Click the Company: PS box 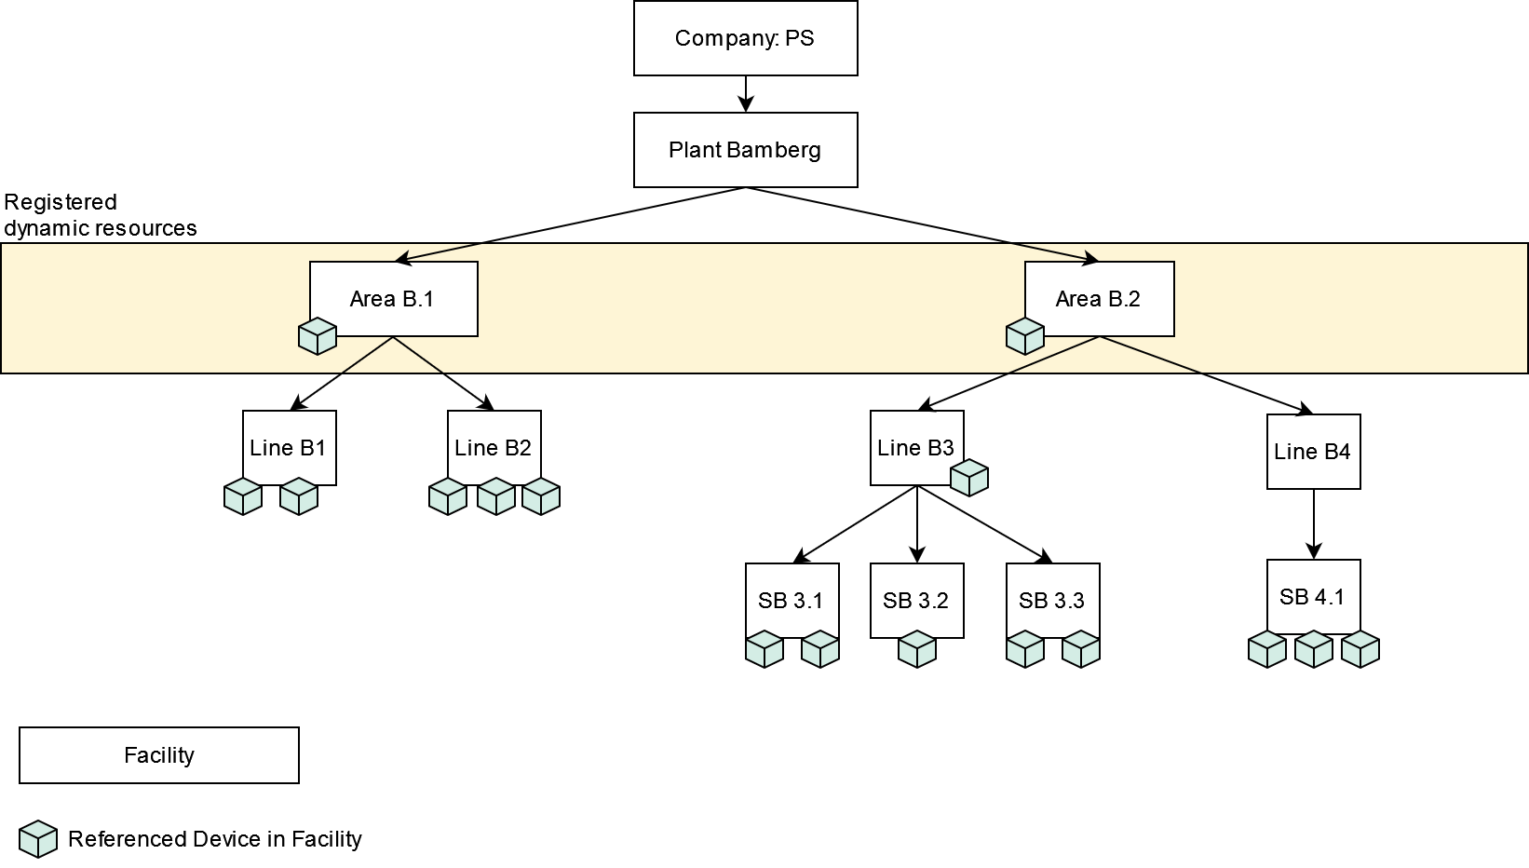pyautogui.click(x=745, y=38)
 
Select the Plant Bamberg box pyautogui.click(x=745, y=150)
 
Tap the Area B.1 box pyautogui.click(x=393, y=299)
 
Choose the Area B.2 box pyautogui.click(x=1099, y=299)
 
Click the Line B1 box pyautogui.click(x=289, y=448)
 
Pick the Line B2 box pyautogui.click(x=494, y=448)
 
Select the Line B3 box pyautogui.click(x=916, y=448)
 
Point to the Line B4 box pyautogui.click(x=1313, y=452)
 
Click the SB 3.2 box pyautogui.click(x=916, y=601)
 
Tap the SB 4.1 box pyautogui.click(x=1313, y=597)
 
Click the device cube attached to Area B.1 pyautogui.click(x=318, y=336)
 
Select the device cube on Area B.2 pyautogui.click(x=1025, y=336)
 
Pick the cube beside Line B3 pyautogui.click(x=969, y=478)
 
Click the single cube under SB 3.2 pyautogui.click(x=917, y=649)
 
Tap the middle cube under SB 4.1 pyautogui.click(x=1314, y=649)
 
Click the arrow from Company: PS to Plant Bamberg pyautogui.click(x=745, y=94)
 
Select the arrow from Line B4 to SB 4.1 pyautogui.click(x=1314, y=523)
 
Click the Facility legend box pyautogui.click(x=159, y=755)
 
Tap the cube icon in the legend pyautogui.click(x=38, y=839)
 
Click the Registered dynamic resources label pyautogui.click(x=100, y=215)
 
